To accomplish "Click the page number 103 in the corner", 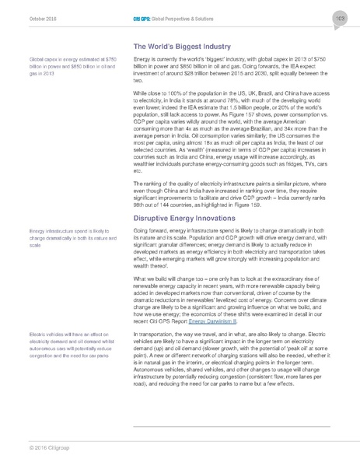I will click(340, 18).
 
